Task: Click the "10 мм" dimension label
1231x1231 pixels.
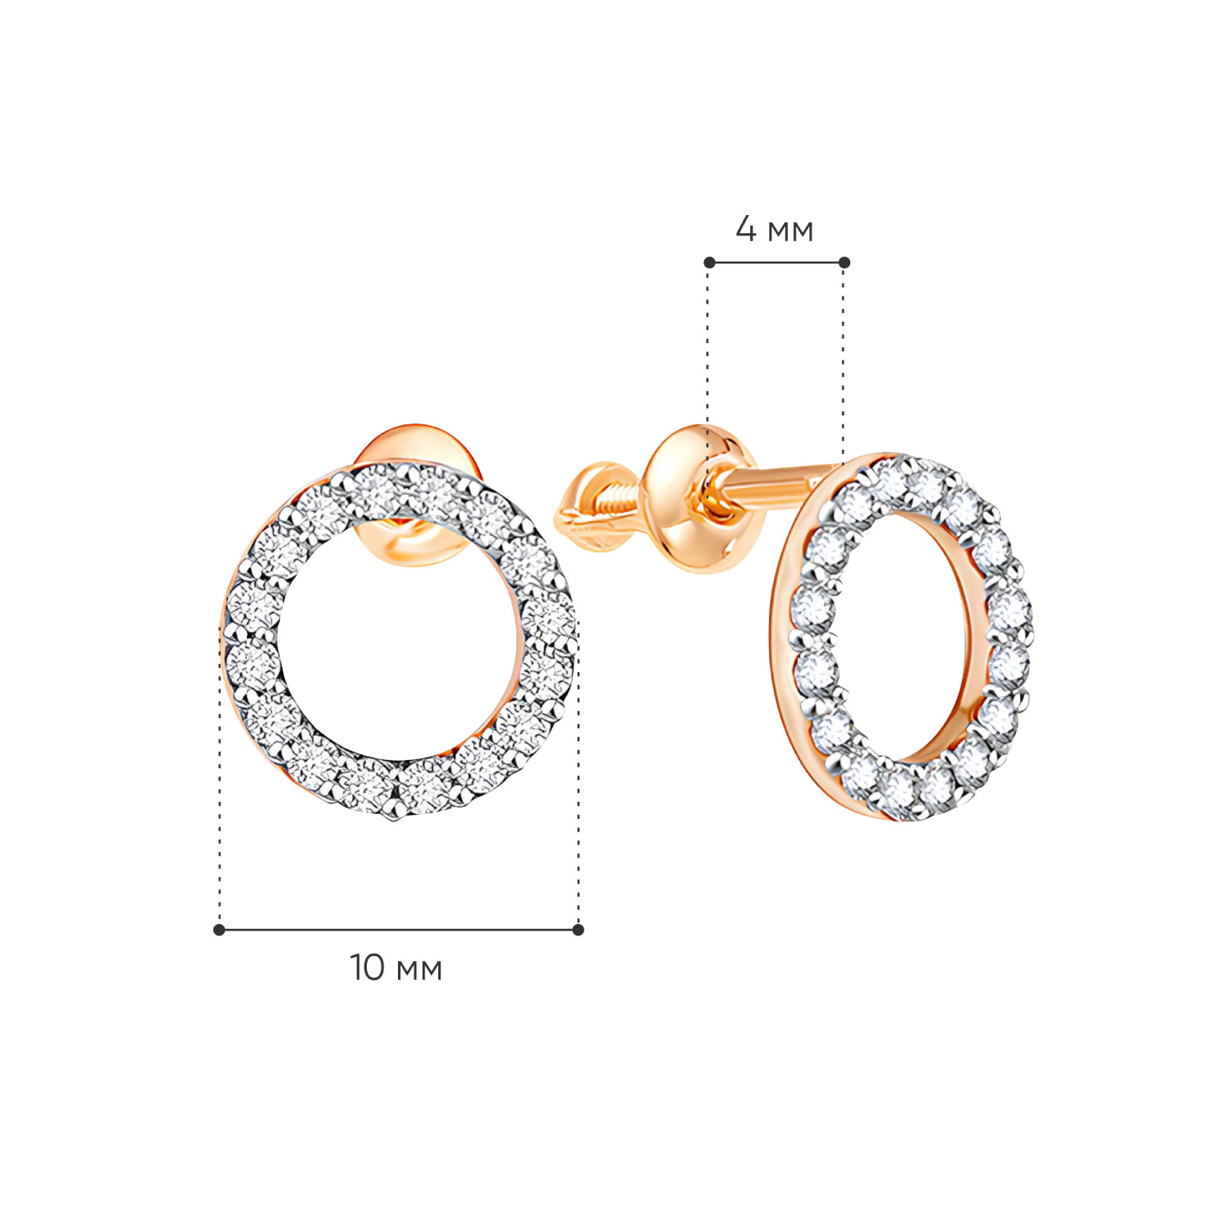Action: (396, 968)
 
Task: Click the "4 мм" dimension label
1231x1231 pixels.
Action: (774, 230)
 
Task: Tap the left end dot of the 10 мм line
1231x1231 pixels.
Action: (219, 930)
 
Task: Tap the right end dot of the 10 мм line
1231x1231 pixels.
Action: (579, 930)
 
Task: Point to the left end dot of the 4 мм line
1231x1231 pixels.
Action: (710, 263)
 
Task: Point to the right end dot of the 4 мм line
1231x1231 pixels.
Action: (844, 263)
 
